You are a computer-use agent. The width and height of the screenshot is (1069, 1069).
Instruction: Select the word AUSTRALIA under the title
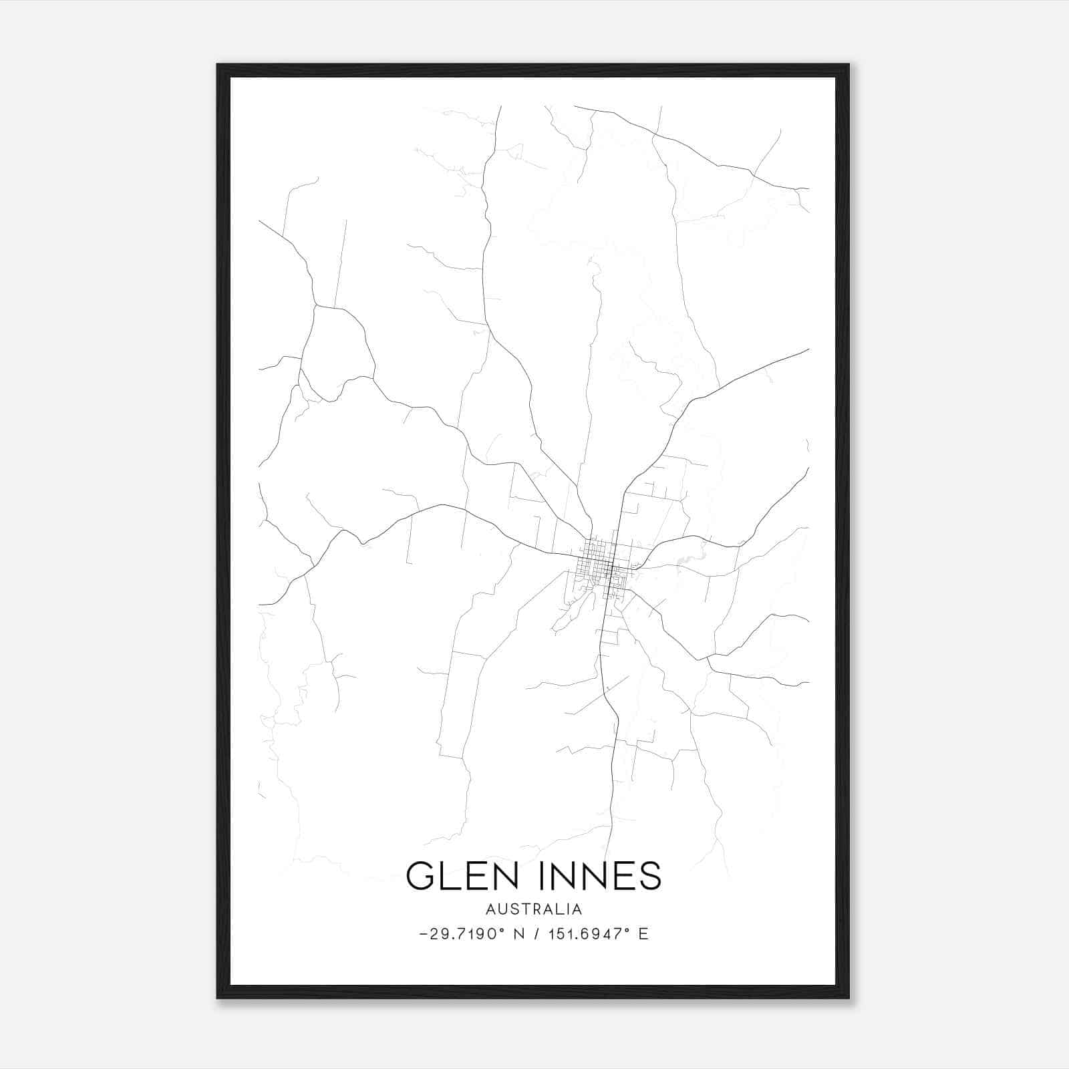(x=534, y=909)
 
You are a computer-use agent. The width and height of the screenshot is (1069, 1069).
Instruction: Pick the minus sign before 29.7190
(x=424, y=934)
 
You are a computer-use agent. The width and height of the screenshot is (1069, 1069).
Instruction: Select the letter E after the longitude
(x=643, y=934)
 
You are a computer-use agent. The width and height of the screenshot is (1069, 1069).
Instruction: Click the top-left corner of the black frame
(x=218, y=65)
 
